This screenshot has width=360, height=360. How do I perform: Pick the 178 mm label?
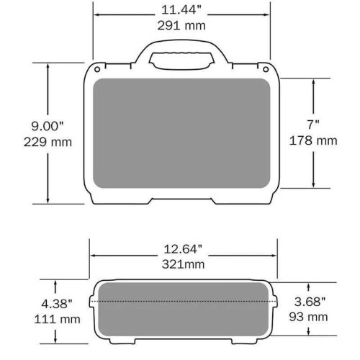click(x=313, y=141)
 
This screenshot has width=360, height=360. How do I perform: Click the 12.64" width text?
click(x=184, y=249)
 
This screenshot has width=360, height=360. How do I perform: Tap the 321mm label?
click(x=184, y=264)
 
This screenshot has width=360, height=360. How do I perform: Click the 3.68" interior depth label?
click(x=310, y=301)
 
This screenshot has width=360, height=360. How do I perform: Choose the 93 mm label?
click(x=310, y=316)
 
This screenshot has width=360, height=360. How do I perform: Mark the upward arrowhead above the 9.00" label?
click(x=48, y=65)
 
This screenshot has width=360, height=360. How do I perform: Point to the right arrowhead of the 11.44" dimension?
click(x=267, y=11)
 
